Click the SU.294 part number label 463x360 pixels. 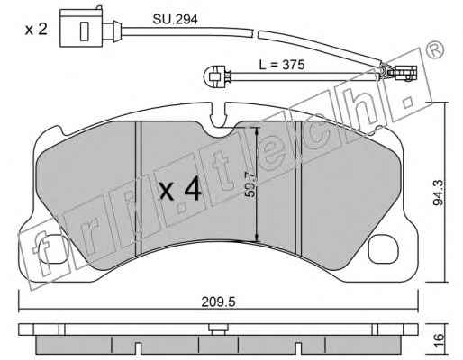[175, 20]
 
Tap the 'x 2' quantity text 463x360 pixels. [36, 29]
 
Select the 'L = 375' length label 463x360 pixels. [282, 65]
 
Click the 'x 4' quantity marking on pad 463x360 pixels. [180, 189]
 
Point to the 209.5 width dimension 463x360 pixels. [218, 301]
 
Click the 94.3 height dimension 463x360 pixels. [438, 193]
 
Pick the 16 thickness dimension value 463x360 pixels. [439, 340]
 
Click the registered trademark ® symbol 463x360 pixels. [435, 49]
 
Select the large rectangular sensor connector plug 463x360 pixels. [81, 28]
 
